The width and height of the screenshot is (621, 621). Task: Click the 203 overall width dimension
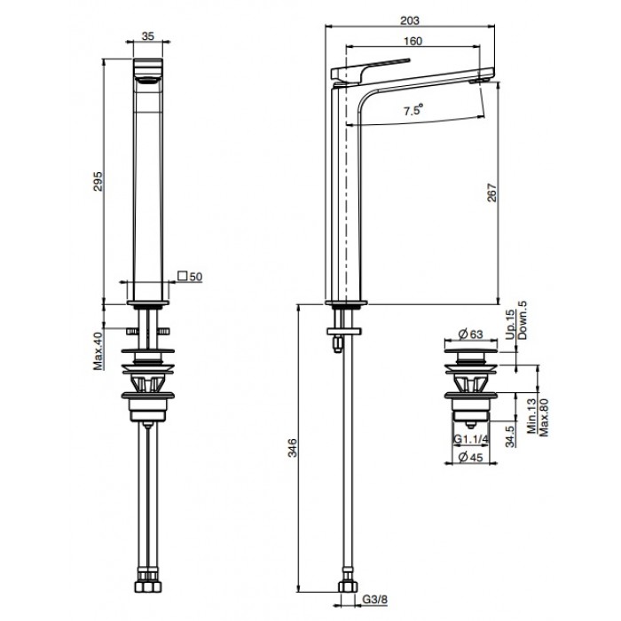[410, 20]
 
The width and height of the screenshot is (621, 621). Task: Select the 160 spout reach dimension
[413, 41]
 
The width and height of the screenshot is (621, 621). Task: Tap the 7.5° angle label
[413, 109]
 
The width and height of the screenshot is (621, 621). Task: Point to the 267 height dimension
[491, 193]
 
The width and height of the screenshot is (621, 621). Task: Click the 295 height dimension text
[98, 181]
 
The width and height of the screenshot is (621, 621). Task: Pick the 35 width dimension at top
[148, 36]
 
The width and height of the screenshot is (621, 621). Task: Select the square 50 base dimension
[190, 276]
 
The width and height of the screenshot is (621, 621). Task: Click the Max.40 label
[98, 351]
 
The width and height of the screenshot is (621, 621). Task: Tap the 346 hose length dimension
[292, 448]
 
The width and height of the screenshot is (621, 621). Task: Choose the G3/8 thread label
[374, 600]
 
